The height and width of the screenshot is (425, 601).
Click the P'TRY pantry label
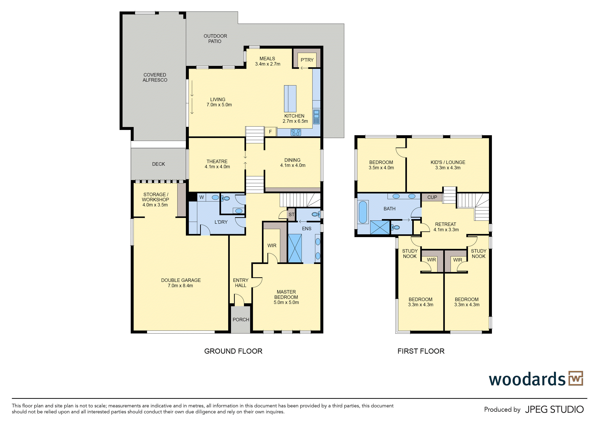[307, 60]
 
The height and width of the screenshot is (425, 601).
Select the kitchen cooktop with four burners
[296, 132]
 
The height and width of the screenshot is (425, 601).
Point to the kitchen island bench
[290, 99]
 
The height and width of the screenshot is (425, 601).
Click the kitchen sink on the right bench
[316, 117]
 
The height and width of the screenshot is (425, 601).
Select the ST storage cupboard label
[291, 215]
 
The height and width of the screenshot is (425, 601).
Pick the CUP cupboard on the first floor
[432, 197]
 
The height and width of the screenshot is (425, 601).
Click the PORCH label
[241, 320]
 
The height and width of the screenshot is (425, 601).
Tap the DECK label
[158, 164]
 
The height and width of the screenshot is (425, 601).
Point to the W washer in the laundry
[202, 197]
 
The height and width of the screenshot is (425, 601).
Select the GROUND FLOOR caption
[233, 351]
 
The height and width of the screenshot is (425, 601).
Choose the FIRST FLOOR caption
[421, 351]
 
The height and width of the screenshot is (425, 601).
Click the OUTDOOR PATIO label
[215, 39]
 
